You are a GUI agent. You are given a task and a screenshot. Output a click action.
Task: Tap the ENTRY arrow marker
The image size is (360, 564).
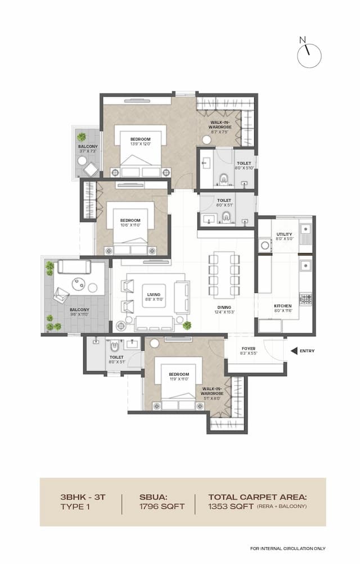point(294,351)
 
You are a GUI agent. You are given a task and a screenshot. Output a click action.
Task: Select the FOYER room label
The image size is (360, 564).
point(249,351)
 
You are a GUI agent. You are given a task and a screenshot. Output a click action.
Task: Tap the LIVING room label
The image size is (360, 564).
point(154,297)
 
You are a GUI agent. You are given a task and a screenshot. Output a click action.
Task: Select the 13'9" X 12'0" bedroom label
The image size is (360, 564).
point(140,141)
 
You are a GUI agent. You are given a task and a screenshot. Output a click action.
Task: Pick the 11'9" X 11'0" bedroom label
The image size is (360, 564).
point(178,376)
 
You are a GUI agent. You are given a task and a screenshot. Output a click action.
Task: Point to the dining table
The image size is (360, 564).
point(224,276)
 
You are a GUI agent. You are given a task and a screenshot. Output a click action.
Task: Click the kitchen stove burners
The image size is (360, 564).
point(305,299)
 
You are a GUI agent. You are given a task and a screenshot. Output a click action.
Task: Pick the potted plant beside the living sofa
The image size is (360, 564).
point(187,325)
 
